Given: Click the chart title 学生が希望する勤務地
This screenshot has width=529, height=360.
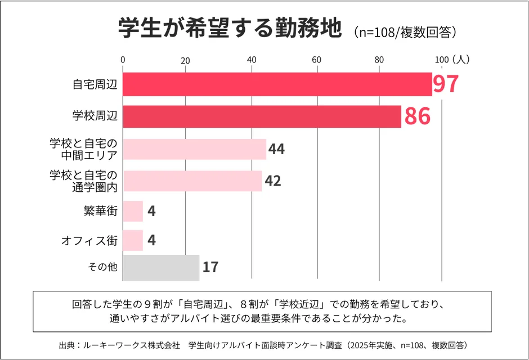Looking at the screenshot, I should (230, 29).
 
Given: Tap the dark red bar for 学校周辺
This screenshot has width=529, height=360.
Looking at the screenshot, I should (262, 116).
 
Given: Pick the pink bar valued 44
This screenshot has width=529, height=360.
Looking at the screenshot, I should (194, 149).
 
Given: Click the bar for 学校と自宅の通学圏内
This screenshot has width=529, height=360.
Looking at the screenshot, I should (192, 181).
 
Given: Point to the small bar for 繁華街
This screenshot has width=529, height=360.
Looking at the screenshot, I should (133, 211).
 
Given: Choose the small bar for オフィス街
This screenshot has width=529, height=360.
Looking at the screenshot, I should (133, 241).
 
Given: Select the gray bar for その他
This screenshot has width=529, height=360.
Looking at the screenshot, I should (161, 267).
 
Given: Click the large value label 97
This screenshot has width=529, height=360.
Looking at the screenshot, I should (446, 84).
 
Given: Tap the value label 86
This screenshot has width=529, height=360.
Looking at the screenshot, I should (417, 116).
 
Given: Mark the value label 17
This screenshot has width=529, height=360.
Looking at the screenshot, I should (210, 267).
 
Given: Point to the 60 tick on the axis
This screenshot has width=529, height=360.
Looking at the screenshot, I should (316, 60).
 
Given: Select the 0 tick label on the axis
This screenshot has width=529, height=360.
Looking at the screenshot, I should (123, 60).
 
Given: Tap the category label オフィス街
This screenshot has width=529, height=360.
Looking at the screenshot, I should (89, 241).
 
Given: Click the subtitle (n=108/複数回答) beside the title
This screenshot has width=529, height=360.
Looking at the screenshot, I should (405, 31).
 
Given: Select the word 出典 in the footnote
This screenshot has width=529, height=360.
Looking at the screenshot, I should (66, 345).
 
